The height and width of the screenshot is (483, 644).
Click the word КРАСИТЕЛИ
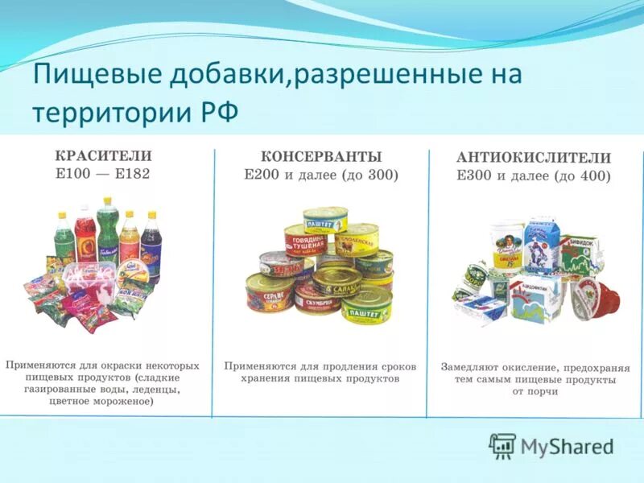pyautogui.click(x=102, y=156)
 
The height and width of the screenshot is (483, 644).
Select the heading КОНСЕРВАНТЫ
pyautogui.click(x=320, y=157)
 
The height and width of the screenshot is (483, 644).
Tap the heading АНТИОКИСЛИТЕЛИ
pyautogui.click(x=534, y=159)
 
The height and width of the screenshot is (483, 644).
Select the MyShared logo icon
pyautogui.click(x=502, y=445)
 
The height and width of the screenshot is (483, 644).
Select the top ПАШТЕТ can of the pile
pyautogui.click(x=325, y=219)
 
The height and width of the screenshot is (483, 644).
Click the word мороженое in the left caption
pyautogui.click(x=122, y=400)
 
